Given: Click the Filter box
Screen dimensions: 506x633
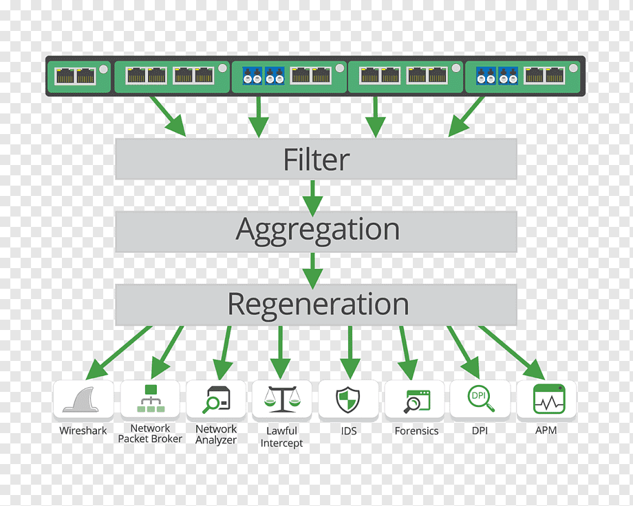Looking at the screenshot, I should point(316,159).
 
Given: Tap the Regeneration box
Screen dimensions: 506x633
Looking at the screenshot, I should point(316,305).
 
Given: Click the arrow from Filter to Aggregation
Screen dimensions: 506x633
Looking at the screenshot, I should point(313,197).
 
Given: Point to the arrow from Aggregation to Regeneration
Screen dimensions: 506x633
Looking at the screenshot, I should point(313,269).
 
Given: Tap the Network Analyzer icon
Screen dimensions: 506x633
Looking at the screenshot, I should point(216,399).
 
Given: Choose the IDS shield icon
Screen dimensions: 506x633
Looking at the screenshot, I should point(348,399).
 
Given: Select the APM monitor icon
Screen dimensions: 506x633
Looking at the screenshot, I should point(548,399).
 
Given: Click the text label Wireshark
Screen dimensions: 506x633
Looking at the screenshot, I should point(83,431).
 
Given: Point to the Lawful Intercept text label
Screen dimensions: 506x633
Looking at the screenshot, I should point(281,437).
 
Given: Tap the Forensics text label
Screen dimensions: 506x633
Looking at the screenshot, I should point(416,431).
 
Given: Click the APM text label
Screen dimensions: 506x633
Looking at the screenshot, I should point(546,430).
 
